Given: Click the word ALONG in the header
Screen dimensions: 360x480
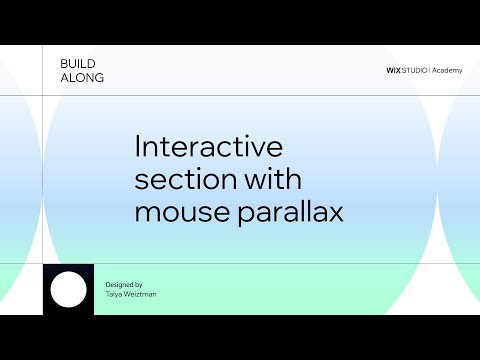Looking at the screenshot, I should [x=81, y=78].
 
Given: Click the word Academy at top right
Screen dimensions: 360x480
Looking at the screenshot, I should [x=447, y=71].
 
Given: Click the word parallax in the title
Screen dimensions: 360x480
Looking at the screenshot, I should [x=289, y=213].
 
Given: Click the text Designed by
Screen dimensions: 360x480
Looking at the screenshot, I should [x=124, y=285].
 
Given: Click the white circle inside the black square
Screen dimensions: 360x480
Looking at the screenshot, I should [x=69, y=290].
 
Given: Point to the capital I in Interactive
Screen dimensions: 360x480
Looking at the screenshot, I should [x=137, y=147].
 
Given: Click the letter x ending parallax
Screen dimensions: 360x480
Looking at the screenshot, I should [x=336, y=214].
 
